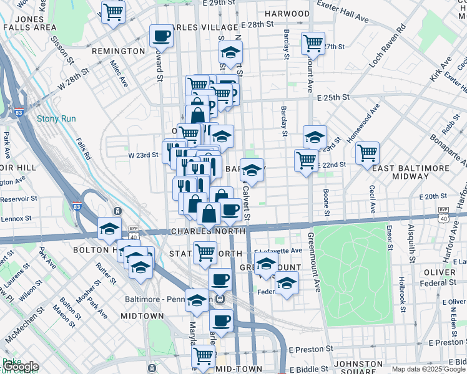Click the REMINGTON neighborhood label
[x=119, y=50]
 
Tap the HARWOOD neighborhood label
[x=287, y=13]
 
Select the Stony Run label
[x=56, y=118]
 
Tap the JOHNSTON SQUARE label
[x=367, y=363]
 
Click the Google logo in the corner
[x=21, y=367]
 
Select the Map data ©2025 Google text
[x=429, y=369]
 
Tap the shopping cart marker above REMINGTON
[x=113, y=11]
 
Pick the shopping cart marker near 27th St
[x=313, y=43]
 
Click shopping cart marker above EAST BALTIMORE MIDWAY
[x=367, y=152]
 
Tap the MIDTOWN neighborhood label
[x=142, y=316]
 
